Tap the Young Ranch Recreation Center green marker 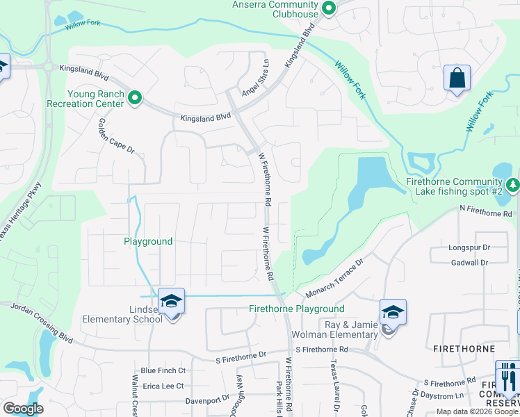pyautogui.click(x=135, y=99)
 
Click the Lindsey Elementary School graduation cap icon pyautogui.click(x=171, y=301)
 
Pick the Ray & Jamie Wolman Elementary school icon pyautogui.click(x=393, y=312)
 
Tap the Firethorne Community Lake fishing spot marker pyautogui.click(x=513, y=185)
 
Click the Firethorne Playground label pyautogui.click(x=297, y=309)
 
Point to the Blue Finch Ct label pyautogui.click(x=163, y=370)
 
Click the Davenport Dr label pyautogui.click(x=207, y=400)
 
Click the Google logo pyautogui.click(x=22, y=409)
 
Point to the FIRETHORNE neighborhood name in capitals pyautogui.click(x=466, y=348)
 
